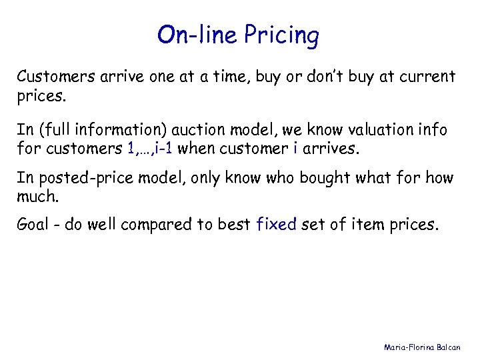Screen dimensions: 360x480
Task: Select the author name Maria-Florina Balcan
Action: click(x=427, y=347)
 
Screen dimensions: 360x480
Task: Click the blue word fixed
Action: click(x=277, y=225)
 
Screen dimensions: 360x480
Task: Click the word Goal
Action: click(x=33, y=225)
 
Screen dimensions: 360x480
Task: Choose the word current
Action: click(x=429, y=77)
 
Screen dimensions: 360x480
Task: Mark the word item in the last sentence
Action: click(x=359, y=225)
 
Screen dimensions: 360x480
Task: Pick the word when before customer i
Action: click(x=197, y=148)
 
